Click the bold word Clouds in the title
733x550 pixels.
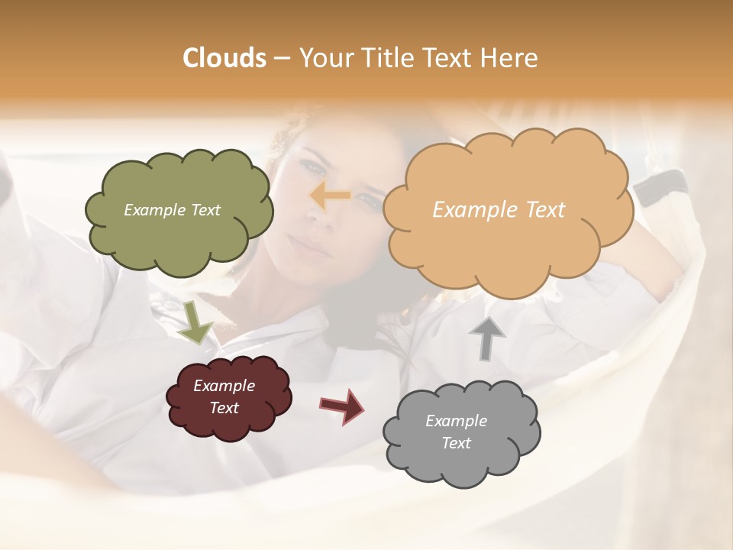(x=224, y=58)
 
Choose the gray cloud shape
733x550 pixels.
(x=458, y=466)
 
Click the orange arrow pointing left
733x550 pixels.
(x=330, y=196)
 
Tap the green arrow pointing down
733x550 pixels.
(x=195, y=322)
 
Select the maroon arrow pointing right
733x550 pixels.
(x=343, y=405)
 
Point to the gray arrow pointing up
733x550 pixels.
(x=487, y=337)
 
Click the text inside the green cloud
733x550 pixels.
(x=172, y=210)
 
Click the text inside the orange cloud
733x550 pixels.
(x=499, y=210)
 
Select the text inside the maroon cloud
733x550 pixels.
(x=224, y=397)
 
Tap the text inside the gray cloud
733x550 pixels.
(x=456, y=432)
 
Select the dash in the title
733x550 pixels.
(x=281, y=59)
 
